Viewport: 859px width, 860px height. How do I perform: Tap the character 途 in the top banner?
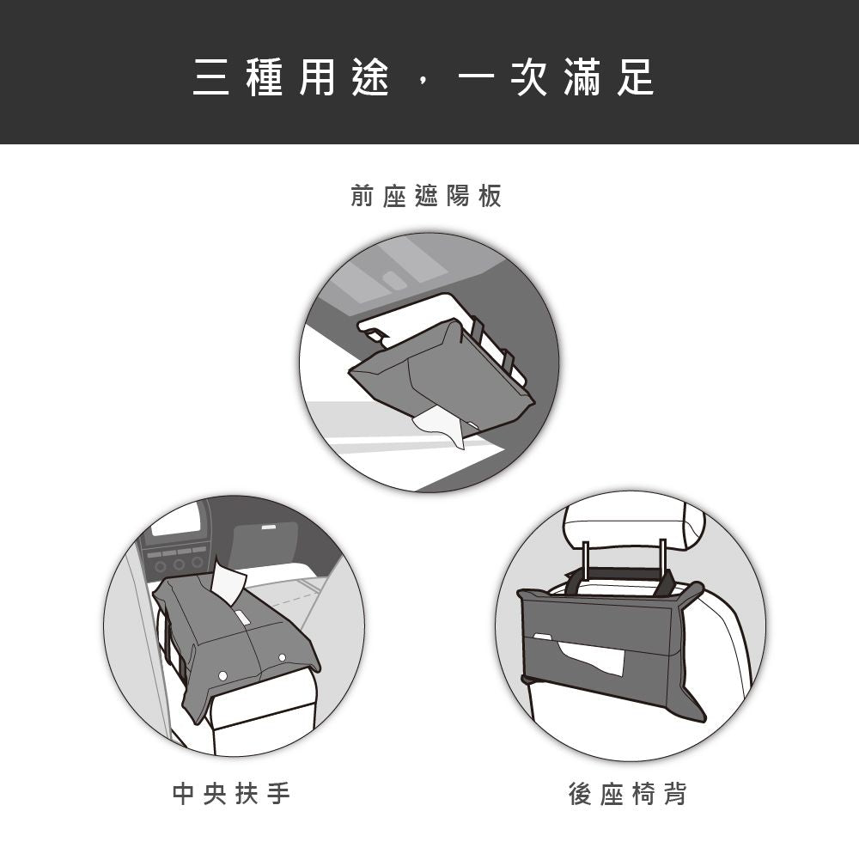370,79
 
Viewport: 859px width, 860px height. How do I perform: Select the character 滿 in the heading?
582,79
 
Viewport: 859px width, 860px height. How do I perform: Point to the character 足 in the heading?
636,79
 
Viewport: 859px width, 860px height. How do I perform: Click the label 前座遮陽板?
426,197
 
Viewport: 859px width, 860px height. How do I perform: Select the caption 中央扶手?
232,795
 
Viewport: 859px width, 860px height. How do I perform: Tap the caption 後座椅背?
628,795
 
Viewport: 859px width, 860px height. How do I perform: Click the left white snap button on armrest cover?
223,676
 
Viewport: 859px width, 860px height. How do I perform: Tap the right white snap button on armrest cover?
282,657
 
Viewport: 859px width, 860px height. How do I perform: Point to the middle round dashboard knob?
180,564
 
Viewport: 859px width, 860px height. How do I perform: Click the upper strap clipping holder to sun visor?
478,329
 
